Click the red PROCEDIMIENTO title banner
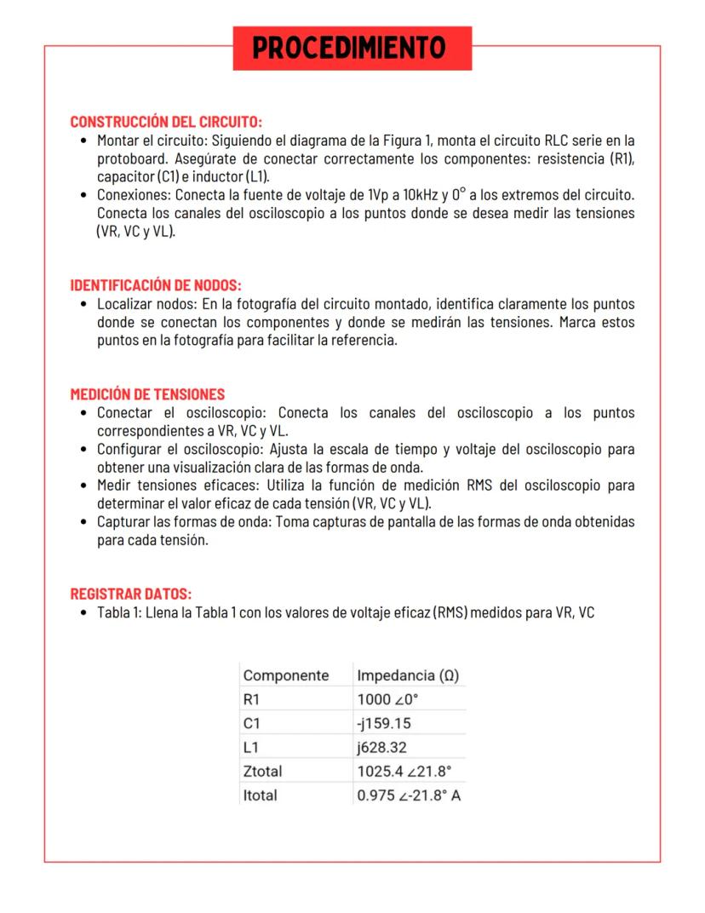(x=352, y=48)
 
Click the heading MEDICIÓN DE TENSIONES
(x=147, y=394)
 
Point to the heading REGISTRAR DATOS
(x=130, y=593)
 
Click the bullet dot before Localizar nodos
(x=83, y=305)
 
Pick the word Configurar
(x=129, y=449)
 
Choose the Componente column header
(x=286, y=675)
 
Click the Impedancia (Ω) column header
(x=408, y=675)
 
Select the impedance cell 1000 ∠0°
(x=387, y=699)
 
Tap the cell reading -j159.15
(x=384, y=723)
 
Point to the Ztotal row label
(x=262, y=772)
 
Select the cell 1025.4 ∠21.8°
(x=404, y=772)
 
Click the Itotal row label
(x=260, y=795)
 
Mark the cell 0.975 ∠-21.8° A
(x=409, y=795)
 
